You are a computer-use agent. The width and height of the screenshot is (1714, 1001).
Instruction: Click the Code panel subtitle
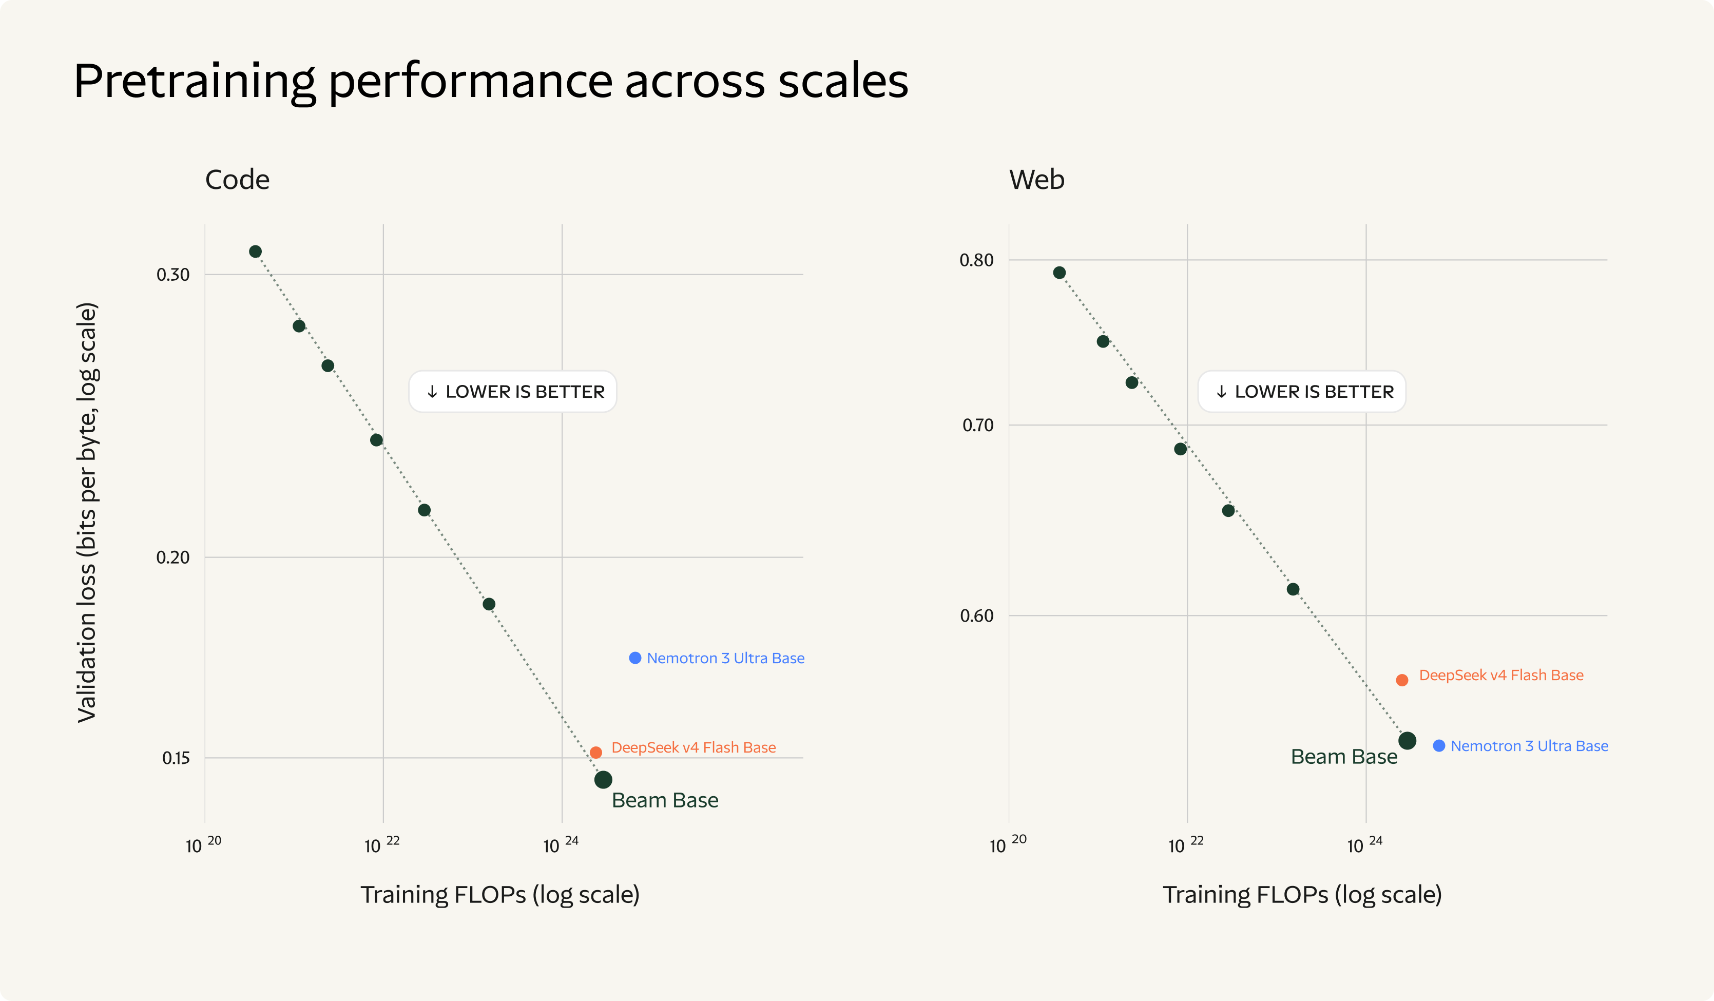click(x=237, y=180)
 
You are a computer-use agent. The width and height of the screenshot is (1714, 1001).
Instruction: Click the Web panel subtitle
click(x=1036, y=180)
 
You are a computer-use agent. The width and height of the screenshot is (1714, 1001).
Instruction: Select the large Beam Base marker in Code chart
click(x=603, y=779)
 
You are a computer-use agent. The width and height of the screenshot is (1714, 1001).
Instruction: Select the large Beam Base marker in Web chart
click(x=1407, y=741)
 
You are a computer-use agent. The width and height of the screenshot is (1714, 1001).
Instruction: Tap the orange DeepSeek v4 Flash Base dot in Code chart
click(x=596, y=752)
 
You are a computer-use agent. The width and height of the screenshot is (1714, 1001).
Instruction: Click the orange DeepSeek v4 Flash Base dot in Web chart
click(x=1402, y=680)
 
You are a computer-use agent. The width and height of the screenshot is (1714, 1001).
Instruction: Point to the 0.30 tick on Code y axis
click(x=173, y=275)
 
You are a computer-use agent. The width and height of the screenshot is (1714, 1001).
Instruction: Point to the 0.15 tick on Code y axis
click(x=176, y=758)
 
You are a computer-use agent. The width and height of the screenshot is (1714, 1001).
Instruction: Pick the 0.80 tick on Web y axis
click(x=977, y=260)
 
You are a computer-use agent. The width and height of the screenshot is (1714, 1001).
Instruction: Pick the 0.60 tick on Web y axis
click(x=977, y=616)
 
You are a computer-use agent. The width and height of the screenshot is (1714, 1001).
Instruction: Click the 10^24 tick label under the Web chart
click(x=1364, y=844)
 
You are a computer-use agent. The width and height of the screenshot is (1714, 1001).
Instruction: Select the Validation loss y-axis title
click(x=87, y=513)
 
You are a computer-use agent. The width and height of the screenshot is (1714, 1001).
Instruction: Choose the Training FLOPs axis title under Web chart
click(x=1302, y=895)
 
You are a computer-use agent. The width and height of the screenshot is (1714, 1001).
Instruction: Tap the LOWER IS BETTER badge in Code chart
click(x=513, y=392)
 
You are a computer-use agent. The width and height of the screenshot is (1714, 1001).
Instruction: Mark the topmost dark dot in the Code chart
click(x=255, y=252)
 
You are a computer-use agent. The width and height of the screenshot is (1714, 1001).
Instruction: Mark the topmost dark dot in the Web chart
click(x=1059, y=273)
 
